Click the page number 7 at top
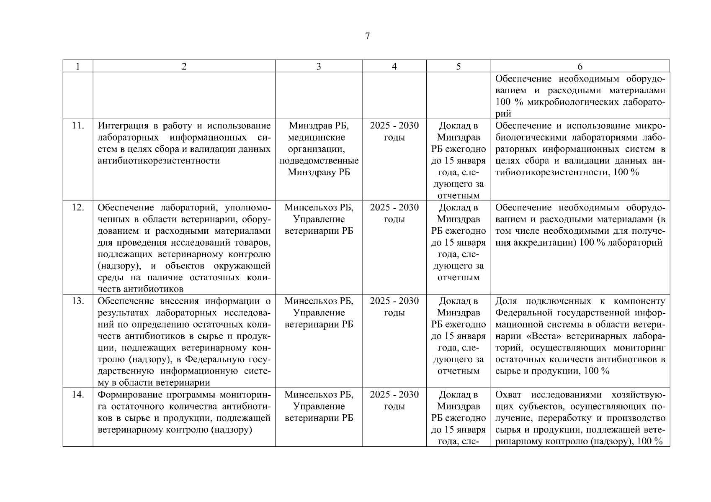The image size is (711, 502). (367, 36)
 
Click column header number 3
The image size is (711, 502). (319, 67)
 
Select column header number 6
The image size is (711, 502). (580, 67)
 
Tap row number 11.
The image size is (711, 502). (78, 126)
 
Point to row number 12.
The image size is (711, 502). (78, 207)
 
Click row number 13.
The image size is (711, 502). (78, 301)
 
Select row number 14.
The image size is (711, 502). (78, 395)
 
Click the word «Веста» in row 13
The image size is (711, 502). (537, 336)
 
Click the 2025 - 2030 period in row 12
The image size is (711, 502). (394, 207)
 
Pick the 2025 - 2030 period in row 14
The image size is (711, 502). (394, 395)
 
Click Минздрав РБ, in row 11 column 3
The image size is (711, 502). (319, 126)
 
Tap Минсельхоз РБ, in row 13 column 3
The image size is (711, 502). (319, 301)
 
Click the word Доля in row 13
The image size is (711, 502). (506, 301)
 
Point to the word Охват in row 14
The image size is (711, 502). (508, 395)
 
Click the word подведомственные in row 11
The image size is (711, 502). (319, 161)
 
